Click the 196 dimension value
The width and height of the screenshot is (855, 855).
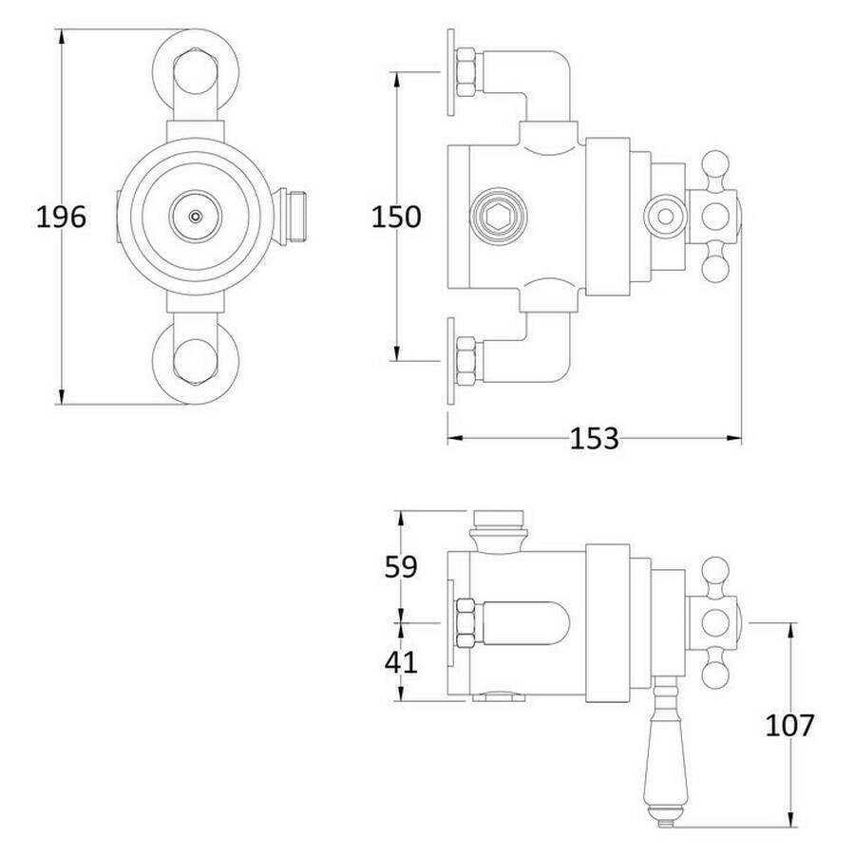61,217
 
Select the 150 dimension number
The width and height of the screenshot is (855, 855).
396,217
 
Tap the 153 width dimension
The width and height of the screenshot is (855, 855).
595,438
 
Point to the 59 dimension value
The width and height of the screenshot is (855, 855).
401,566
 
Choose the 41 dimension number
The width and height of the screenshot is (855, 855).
401,662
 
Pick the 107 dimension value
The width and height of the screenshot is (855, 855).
789,725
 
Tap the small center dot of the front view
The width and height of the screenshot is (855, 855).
195,217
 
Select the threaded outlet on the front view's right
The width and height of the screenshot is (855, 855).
294,217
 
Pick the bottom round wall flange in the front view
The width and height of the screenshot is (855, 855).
195,361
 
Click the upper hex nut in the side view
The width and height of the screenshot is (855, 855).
466,72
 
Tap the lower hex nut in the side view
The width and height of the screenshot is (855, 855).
466,362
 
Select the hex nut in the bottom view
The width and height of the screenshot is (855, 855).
466,622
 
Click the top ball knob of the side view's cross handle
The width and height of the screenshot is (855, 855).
715,164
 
